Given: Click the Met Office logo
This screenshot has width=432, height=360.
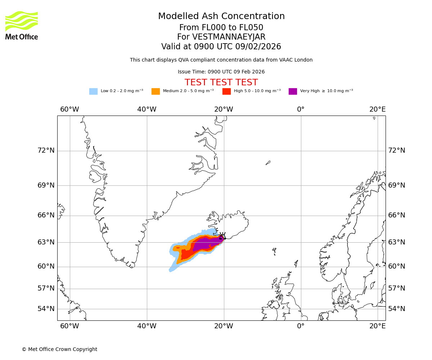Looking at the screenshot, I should click(22, 25).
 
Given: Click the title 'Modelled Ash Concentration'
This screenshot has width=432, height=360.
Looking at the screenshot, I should click(221, 16).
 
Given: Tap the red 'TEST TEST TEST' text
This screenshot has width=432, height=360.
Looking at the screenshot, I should click(221, 82).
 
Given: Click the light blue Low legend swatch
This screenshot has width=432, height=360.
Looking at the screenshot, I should click(93, 91).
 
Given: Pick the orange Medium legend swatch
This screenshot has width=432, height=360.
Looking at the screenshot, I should click(156, 91).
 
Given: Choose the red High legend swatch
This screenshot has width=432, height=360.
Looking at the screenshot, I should click(226, 91).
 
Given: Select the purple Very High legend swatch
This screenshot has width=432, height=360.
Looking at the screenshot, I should click(293, 91).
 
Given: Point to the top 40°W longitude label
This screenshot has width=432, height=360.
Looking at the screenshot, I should click(147, 109).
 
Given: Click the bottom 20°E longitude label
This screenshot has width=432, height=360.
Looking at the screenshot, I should click(377, 326).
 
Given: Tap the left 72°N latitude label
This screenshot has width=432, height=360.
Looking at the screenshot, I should click(46, 150).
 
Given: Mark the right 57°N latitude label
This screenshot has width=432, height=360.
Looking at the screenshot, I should click(396, 288).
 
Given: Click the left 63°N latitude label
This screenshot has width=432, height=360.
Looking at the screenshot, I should click(46, 242).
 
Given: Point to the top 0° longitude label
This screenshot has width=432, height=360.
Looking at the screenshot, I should click(301, 109).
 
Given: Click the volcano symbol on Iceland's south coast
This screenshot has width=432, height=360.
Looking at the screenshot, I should click(222, 236).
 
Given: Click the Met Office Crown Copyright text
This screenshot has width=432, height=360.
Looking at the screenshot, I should click(59, 349).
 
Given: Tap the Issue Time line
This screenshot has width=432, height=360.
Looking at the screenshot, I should click(221, 72).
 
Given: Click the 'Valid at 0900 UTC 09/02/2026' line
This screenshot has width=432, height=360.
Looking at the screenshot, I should click(221, 47).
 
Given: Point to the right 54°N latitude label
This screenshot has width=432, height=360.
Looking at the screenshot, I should click(396, 309).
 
